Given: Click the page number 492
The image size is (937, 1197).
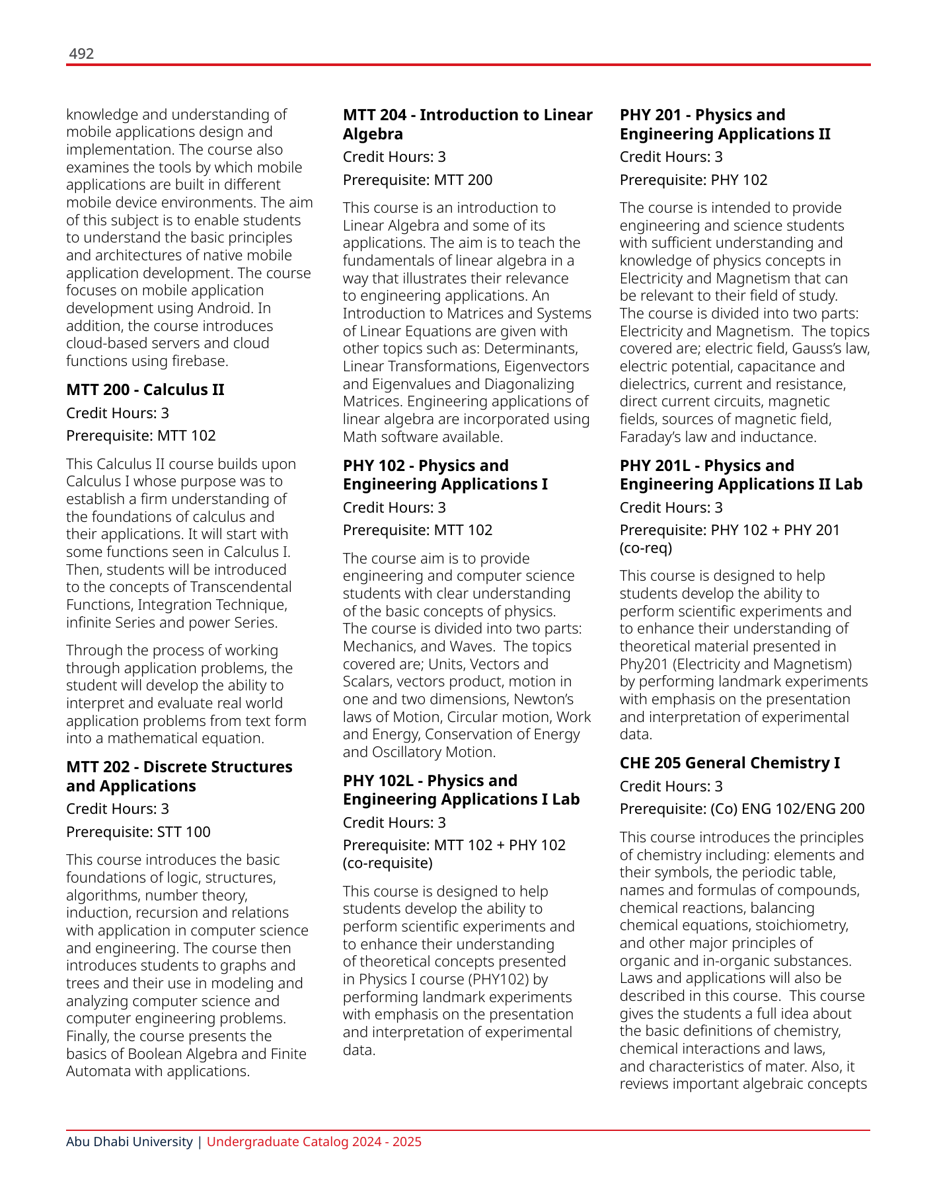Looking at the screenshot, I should pyautogui.click(x=81, y=54).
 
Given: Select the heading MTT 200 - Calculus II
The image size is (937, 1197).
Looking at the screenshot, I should pyautogui.click(x=145, y=390).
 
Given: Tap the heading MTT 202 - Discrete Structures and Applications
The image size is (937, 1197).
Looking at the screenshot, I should pyautogui.click(x=179, y=776).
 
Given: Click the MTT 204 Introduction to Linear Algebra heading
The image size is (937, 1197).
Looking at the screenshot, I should pyautogui.click(x=467, y=124).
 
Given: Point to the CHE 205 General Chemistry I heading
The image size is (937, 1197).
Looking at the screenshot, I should pyautogui.click(x=730, y=763).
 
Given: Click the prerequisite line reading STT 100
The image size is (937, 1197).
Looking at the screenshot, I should pyautogui.click(x=138, y=832).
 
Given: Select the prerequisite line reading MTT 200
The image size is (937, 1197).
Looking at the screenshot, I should pyautogui.click(x=418, y=180).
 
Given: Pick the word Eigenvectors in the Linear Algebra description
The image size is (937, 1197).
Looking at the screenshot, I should pyautogui.click(x=546, y=367).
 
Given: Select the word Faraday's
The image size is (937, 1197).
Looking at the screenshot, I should pyautogui.click(x=648, y=437).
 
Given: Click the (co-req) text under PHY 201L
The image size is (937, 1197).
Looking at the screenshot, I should pyautogui.click(x=646, y=548).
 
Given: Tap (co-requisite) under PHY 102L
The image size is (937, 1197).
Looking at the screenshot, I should pyautogui.click(x=387, y=863).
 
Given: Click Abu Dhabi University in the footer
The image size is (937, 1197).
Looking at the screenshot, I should pyautogui.click(x=129, y=1142).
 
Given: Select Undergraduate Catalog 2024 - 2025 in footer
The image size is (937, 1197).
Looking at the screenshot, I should pyautogui.click(x=314, y=1142).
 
